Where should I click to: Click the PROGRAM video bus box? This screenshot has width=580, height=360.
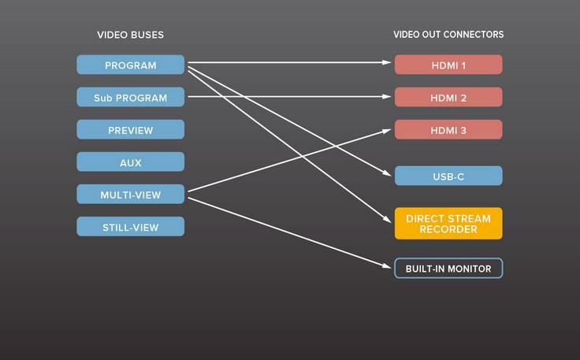pos(131,65)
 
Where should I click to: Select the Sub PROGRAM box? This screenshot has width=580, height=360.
pos(131,97)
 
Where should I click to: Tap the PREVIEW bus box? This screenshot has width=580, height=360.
pos(131,129)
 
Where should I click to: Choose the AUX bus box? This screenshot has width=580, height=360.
pos(131,162)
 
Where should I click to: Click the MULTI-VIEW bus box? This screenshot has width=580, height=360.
pos(131,194)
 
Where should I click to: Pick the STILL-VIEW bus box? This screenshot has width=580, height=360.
pos(131,227)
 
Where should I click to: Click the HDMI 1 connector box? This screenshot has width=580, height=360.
pos(448,65)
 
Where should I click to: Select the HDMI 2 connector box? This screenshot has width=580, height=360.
pos(448,97)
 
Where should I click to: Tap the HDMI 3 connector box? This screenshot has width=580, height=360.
pos(448,129)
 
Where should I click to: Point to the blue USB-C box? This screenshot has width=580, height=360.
pos(448,176)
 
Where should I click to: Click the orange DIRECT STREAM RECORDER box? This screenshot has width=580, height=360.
pos(448,223)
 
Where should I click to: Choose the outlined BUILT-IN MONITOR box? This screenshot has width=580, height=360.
pos(448,269)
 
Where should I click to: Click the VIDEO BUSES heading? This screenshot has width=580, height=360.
pos(130,35)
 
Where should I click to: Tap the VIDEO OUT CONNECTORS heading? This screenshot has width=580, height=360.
pos(448,35)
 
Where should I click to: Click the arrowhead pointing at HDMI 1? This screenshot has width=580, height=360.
pos(387,62)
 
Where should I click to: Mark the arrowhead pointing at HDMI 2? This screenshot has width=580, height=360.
pos(387,96)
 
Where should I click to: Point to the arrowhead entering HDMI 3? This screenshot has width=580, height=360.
pos(387,131)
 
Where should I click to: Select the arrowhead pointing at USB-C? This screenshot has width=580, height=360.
pos(387,173)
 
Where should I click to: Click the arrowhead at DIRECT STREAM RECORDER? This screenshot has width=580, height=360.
pos(388,219)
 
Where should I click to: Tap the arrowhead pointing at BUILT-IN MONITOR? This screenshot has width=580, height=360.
pos(387,265)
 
